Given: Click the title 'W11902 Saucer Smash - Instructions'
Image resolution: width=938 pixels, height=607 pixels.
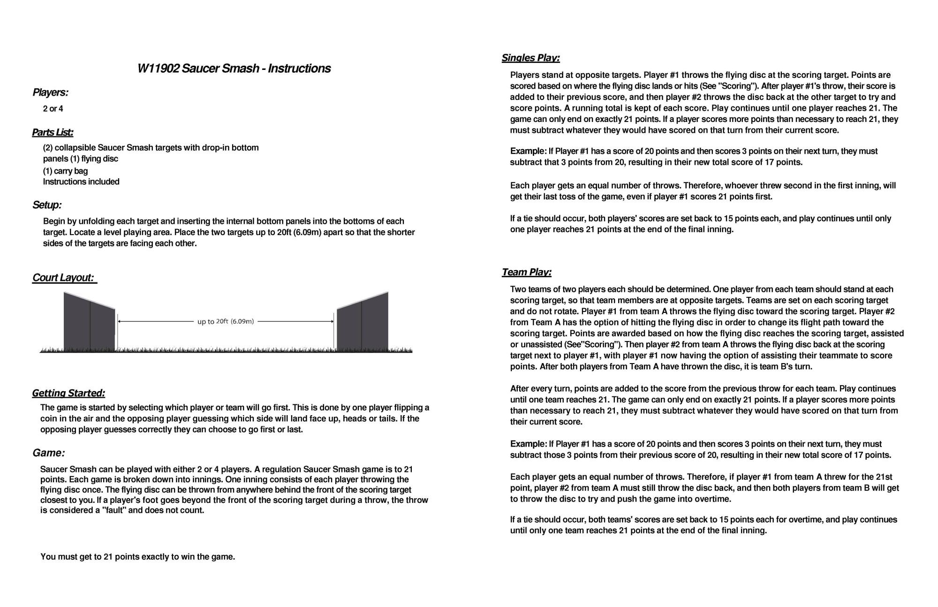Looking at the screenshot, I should [234, 68].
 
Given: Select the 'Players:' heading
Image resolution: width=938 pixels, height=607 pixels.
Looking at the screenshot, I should [50, 92].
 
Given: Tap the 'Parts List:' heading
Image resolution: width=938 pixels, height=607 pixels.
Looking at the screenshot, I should [53, 132].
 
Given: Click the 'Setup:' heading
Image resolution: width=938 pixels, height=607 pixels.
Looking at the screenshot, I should [47, 205].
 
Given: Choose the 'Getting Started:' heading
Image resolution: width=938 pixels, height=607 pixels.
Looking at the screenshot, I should [68, 393].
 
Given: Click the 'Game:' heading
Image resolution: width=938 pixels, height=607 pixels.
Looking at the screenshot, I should [48, 453].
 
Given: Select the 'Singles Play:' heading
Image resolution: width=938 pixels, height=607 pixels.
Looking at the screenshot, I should [530, 58].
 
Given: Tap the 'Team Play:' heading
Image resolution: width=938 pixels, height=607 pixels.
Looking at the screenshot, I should [526, 272].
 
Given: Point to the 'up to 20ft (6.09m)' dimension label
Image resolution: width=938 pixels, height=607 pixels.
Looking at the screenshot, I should [226, 321].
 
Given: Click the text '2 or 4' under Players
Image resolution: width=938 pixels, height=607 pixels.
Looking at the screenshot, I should [53, 109].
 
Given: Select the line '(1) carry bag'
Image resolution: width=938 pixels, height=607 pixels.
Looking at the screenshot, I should [65, 171].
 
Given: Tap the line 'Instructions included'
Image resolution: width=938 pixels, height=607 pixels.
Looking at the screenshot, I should [81, 182].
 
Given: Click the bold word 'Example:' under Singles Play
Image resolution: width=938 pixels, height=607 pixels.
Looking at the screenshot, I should [528, 151].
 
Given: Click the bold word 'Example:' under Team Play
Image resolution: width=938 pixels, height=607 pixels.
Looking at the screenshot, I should [528, 444].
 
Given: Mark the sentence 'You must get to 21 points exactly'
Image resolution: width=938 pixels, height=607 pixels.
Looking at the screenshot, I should [137, 557].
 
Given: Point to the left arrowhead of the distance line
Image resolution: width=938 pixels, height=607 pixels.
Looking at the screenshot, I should [120, 321].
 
